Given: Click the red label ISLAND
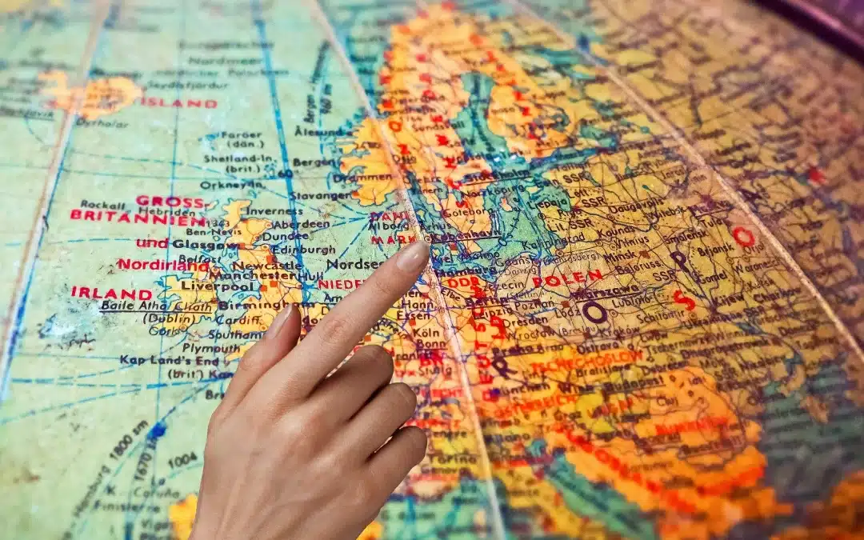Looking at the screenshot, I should coord(178,103).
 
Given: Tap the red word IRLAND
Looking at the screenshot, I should coord(111,293).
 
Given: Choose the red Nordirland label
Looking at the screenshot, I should coord(156,263).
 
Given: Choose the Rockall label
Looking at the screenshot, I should coord(103,205).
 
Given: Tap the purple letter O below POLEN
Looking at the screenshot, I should coord(594,312).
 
